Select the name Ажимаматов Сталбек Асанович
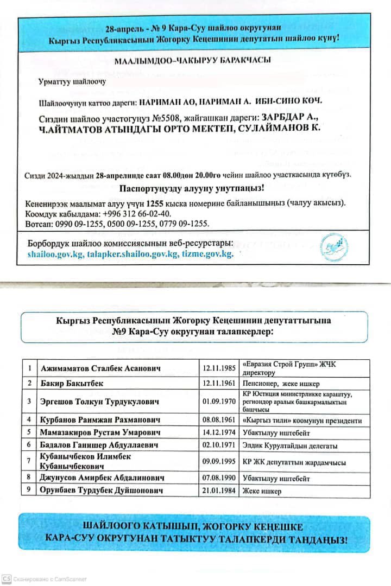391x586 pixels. (x=101, y=368)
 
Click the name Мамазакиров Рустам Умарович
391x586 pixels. (x=102, y=432)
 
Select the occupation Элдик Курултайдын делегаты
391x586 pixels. (x=290, y=445)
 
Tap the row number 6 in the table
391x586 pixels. (x=29, y=445)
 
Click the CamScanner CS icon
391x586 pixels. (x=7, y=579)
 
